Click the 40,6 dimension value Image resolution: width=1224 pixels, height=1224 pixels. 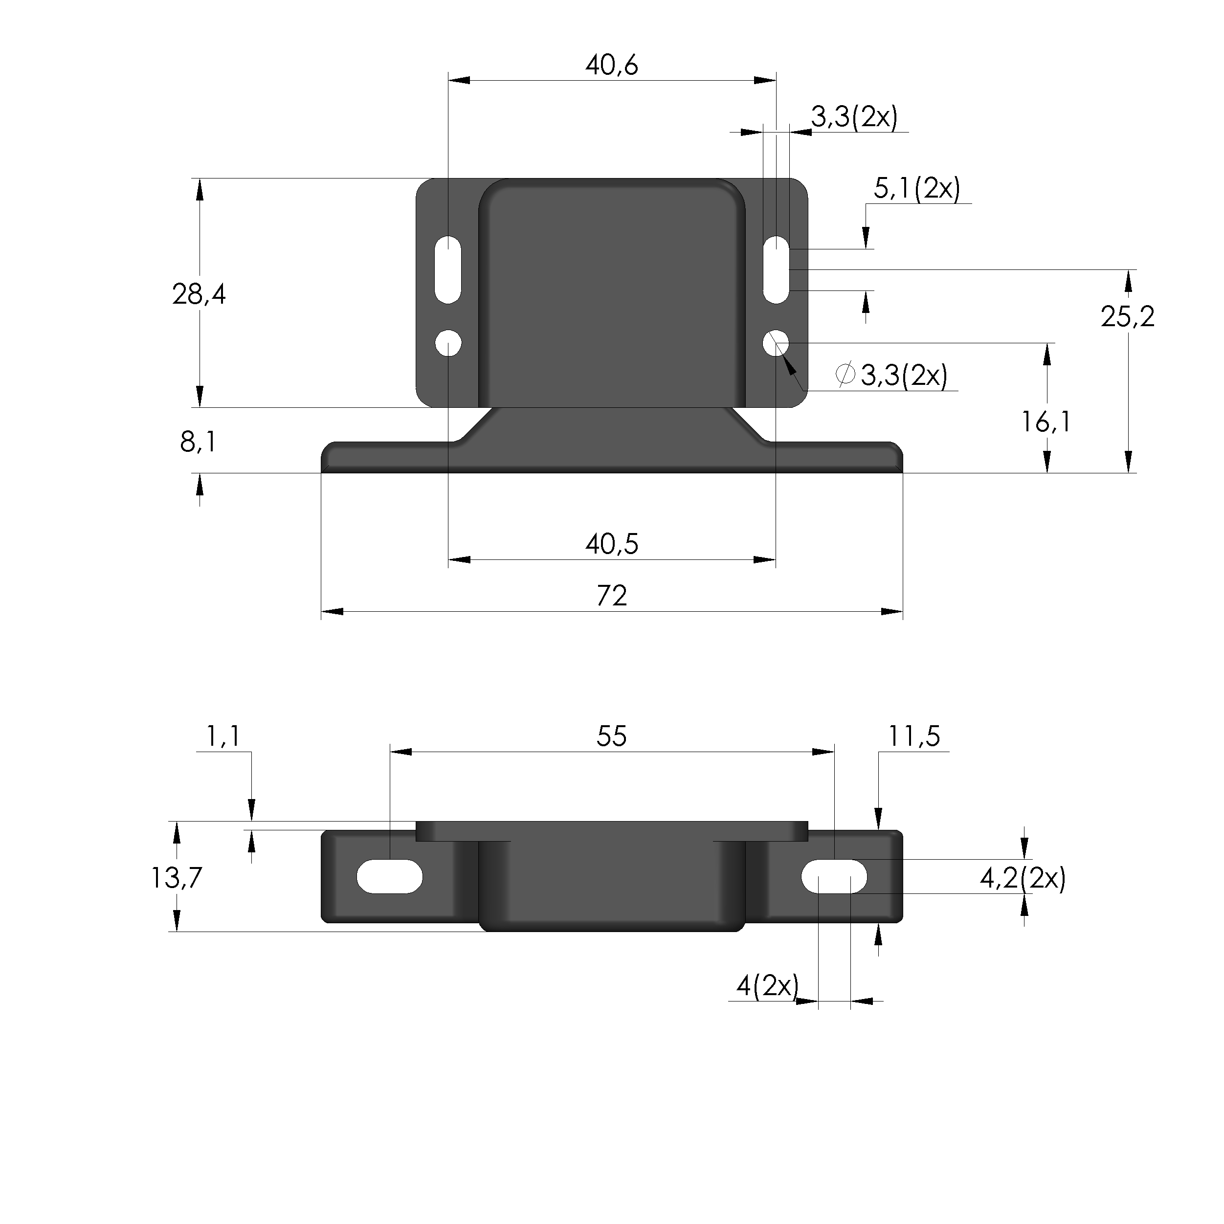click(611, 65)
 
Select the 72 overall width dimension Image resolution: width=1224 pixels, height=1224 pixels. click(611, 596)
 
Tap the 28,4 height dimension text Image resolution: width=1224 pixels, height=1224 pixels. click(199, 294)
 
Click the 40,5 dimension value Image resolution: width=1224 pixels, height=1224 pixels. click(611, 544)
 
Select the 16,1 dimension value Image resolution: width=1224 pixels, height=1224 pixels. click(1046, 422)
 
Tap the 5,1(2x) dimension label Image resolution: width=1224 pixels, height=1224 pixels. click(917, 189)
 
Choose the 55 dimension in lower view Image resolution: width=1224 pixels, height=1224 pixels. click(611, 736)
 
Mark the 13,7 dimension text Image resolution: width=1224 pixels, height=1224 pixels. click(176, 878)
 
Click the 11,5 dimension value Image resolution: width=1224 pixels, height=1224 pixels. click(913, 736)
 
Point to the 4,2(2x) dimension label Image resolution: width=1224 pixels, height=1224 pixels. click(1023, 878)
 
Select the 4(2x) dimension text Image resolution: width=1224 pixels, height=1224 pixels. click(767, 986)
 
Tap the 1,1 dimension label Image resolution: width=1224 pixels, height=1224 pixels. click(223, 736)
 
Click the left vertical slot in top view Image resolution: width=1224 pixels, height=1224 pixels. click(448, 269)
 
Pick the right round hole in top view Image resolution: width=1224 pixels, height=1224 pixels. click(776, 343)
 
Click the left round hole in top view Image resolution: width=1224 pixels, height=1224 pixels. click(448, 343)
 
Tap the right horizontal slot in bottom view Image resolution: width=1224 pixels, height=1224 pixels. click(834, 877)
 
